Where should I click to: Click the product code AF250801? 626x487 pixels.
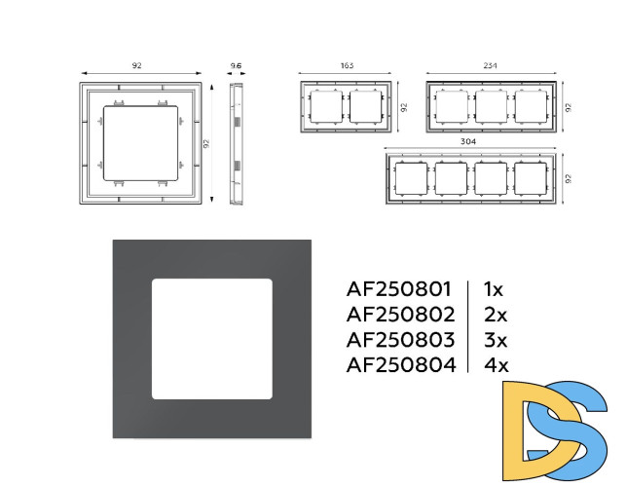pyautogui.click(x=399, y=289)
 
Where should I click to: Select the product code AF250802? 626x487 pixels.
pyautogui.click(x=400, y=315)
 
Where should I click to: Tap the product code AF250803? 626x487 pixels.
pyautogui.click(x=400, y=340)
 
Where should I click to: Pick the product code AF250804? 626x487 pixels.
pyautogui.click(x=401, y=364)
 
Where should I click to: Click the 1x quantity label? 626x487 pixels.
pyautogui.click(x=494, y=289)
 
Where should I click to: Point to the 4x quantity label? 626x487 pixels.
pyautogui.click(x=497, y=364)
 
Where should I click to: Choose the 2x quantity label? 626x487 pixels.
pyautogui.click(x=496, y=315)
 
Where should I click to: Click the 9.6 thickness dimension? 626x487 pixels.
pyautogui.click(x=236, y=66)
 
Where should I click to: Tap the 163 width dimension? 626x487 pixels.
pyautogui.click(x=347, y=65)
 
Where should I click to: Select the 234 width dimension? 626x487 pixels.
pyautogui.click(x=491, y=65)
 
